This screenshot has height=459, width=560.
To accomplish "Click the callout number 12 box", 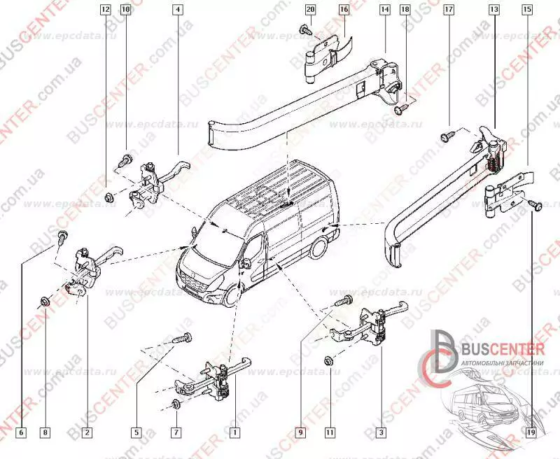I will (105, 10).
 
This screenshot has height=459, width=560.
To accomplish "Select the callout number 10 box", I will (125, 10).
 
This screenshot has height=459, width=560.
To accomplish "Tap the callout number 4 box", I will (177, 10).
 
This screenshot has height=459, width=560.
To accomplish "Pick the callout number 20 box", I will (311, 10).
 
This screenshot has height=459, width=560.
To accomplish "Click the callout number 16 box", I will (344, 10).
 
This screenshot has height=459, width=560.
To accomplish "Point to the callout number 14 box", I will (384, 10).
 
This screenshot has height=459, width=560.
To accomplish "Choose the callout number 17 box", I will (449, 10).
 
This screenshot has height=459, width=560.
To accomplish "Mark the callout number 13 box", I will (494, 10).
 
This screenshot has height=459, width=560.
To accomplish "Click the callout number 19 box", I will (531, 433).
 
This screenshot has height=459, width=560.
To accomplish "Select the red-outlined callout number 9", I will (302, 433).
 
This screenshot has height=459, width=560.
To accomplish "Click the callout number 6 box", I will (21, 433).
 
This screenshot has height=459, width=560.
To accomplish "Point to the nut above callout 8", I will (45, 303).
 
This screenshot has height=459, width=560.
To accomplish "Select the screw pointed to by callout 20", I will (306, 30).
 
